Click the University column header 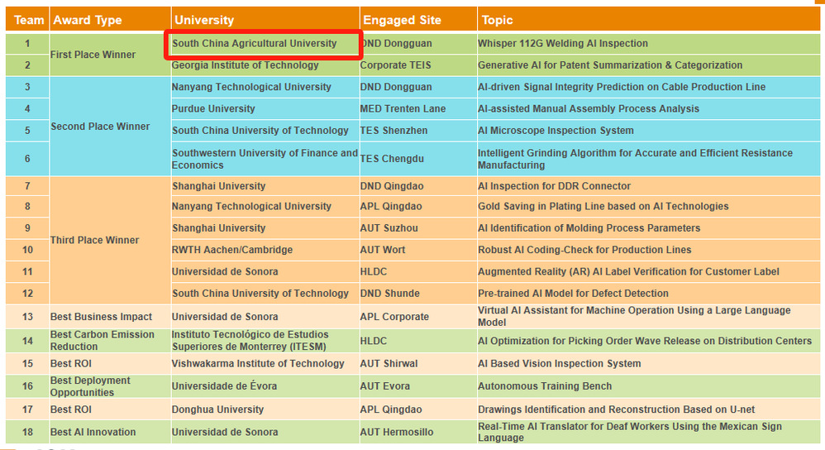pos(203,20)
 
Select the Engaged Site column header pos(403,20)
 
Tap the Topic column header pos(498,20)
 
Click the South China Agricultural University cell pos(255,44)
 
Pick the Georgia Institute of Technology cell pos(245,65)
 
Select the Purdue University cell pos(213,108)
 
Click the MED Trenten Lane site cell pos(403,108)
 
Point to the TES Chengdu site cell pos(393,159)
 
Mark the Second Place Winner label pos(100,127)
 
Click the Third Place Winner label pos(94,240)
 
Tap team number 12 pos(27,293)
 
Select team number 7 pos(27,186)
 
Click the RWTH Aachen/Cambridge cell pos(232,250)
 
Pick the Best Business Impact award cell pos(101,317)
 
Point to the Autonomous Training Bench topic pos(545,386)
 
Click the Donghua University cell pos(217,409)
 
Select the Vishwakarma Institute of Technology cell pos(258,363)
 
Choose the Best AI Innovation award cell pos(93,432)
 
